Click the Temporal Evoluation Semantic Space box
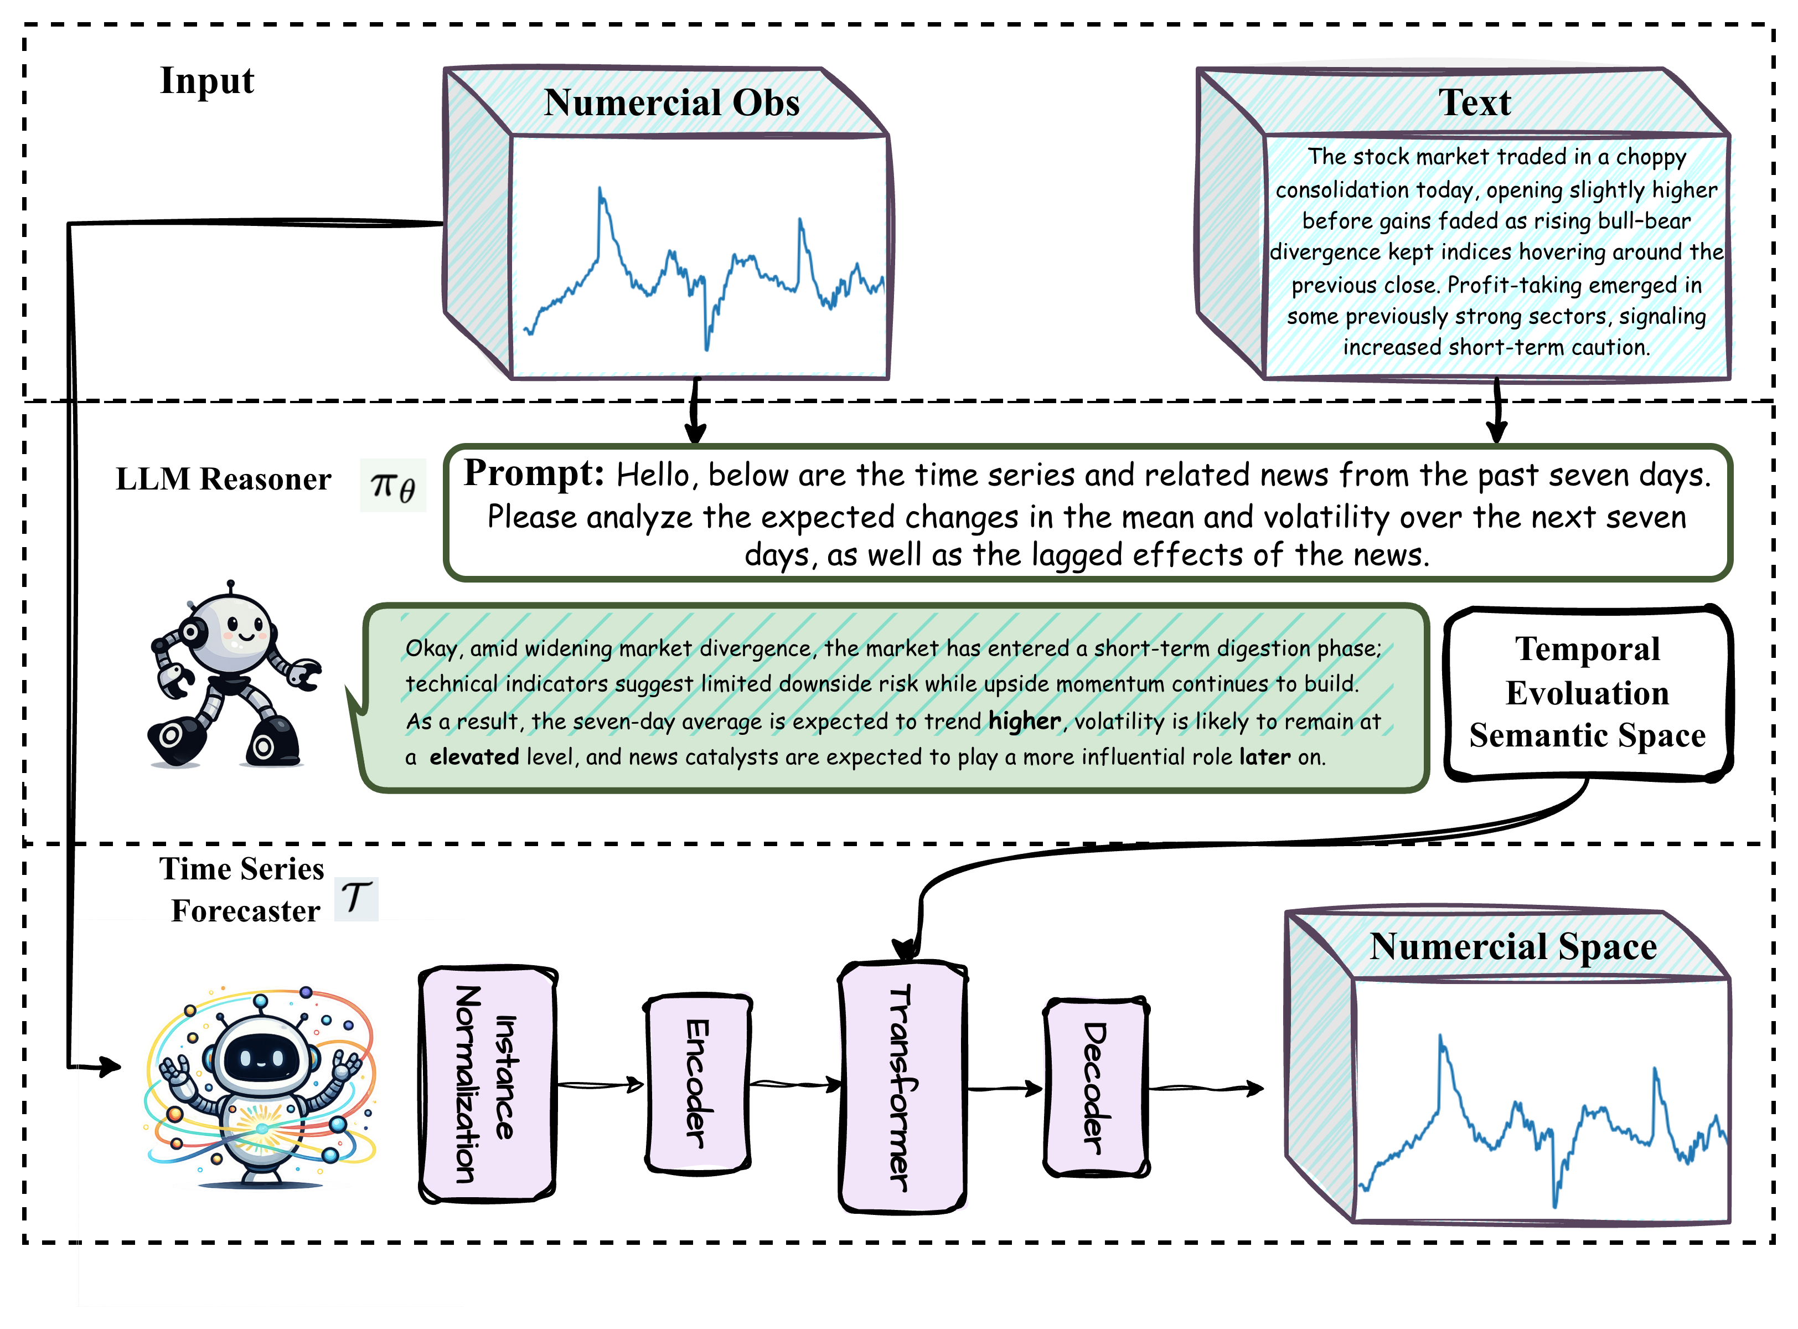pyautogui.click(x=1587, y=693)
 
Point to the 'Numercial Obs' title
pyautogui.click(x=671, y=103)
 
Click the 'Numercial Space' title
pyautogui.click(x=1512, y=946)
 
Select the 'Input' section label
pyautogui.click(x=206, y=80)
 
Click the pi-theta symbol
pyautogui.click(x=392, y=486)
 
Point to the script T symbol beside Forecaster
pyautogui.click(x=355, y=897)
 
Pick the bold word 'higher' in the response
pyautogui.click(x=1025, y=721)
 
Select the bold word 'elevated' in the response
pyautogui.click(x=474, y=756)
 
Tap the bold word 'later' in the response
pyautogui.click(x=1264, y=756)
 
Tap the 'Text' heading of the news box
pyautogui.click(x=1474, y=103)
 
